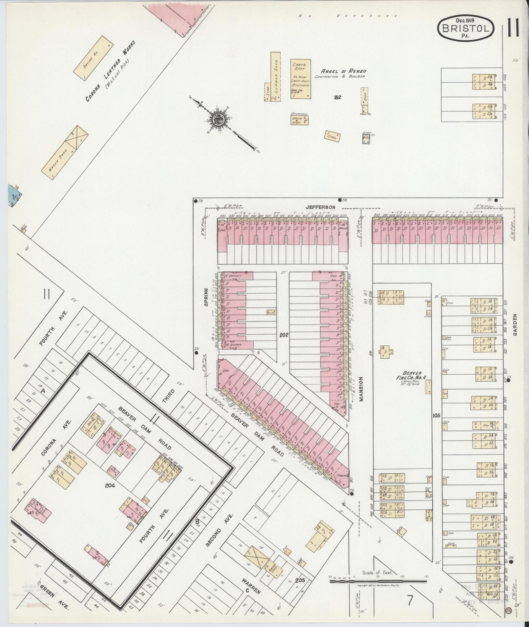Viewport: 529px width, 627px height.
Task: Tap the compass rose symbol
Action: tap(217, 120)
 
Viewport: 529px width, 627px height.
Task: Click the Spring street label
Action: tap(206, 297)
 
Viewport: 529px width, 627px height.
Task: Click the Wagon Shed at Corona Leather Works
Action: tap(65, 153)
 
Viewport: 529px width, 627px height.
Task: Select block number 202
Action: tap(283, 335)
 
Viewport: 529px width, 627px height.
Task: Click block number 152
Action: tap(337, 97)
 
